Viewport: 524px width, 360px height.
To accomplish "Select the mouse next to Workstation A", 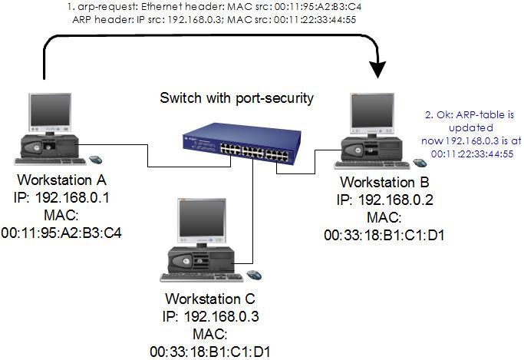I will point(95,160).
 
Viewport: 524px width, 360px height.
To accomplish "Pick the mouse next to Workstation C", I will point(253,274).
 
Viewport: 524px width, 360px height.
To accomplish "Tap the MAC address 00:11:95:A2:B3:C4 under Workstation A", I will point(63,228).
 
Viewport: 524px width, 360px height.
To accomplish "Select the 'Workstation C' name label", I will point(211,298).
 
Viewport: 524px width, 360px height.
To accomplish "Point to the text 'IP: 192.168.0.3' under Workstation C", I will point(211,315).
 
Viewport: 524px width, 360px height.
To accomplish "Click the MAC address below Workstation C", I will point(211,352).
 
